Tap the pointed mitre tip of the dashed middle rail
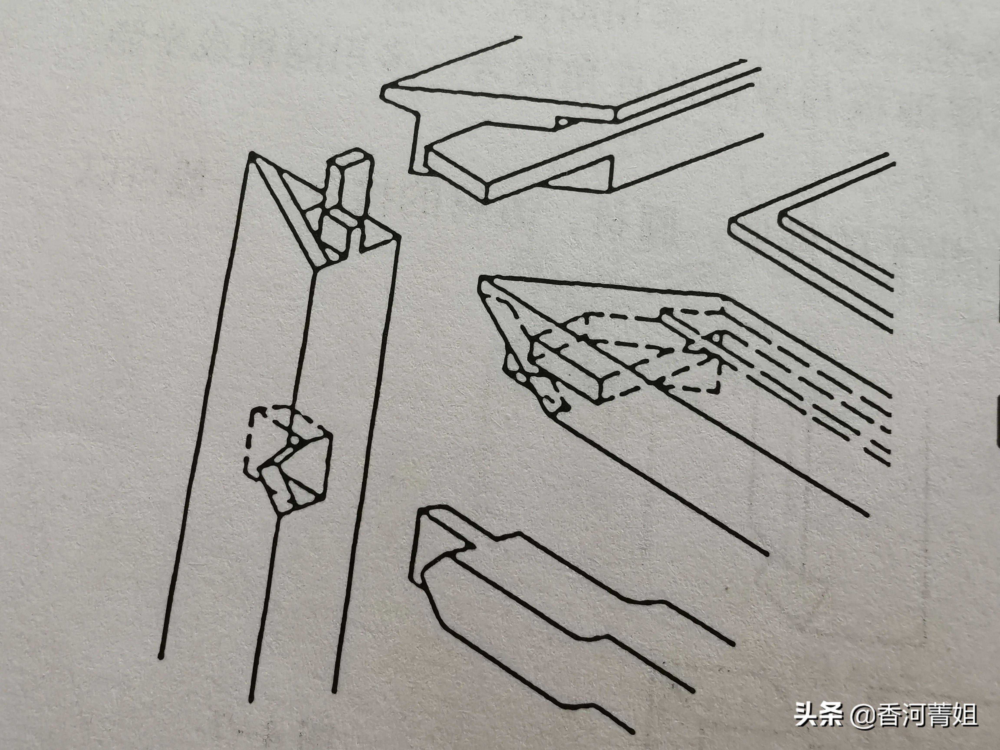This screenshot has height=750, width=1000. point(483,284)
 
